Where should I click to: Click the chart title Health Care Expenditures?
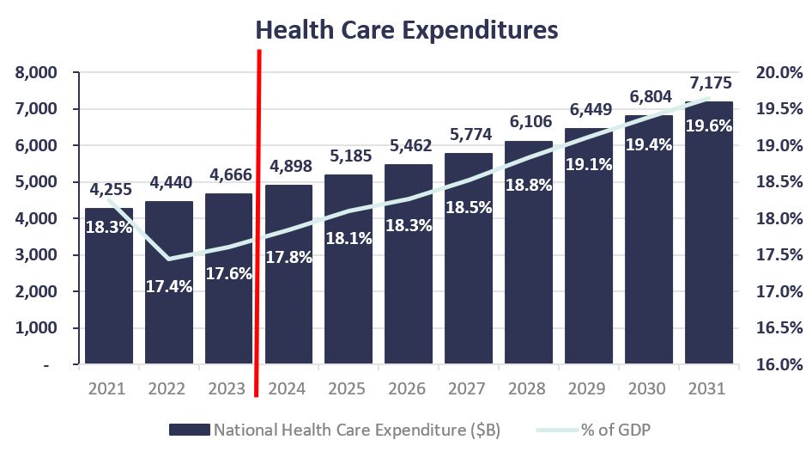[x=407, y=30]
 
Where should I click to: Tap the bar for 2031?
[x=708, y=258]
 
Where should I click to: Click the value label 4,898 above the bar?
[x=288, y=166]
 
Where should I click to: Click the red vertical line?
[x=258, y=223]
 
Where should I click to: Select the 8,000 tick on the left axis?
[x=36, y=73]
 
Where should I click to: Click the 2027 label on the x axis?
[x=469, y=388]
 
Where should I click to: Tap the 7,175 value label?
[x=708, y=84]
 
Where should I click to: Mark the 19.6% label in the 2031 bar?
[x=708, y=125]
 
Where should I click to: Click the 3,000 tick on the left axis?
[x=36, y=255]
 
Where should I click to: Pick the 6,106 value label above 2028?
[x=529, y=122]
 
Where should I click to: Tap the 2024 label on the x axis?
[x=288, y=388]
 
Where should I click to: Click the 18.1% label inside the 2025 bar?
[x=348, y=238]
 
